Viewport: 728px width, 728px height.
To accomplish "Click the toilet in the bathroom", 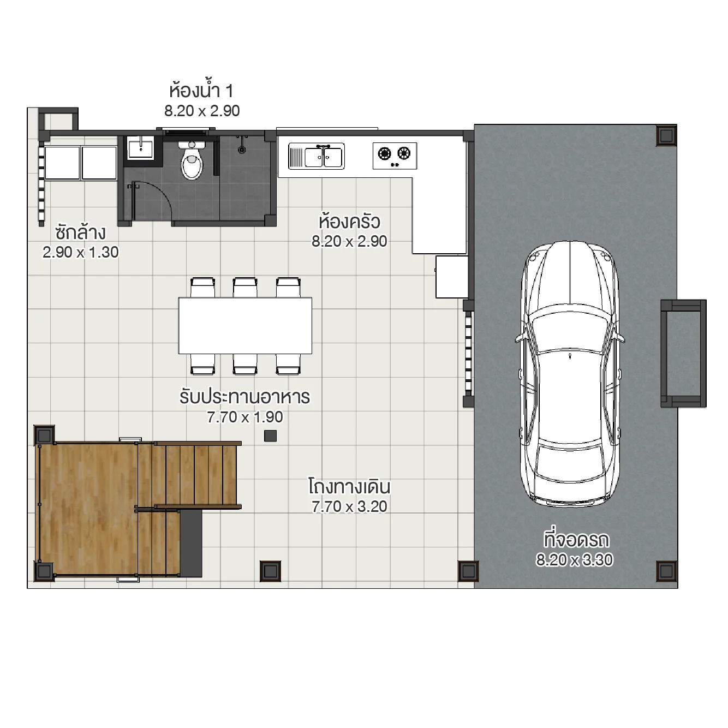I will (192, 161).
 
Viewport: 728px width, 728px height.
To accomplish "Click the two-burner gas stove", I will (395, 155).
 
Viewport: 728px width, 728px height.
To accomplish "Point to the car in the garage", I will (570, 371).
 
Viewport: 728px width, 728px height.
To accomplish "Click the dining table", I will (245, 325).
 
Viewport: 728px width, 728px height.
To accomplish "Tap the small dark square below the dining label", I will (270, 435).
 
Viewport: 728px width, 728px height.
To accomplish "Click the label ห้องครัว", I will (349, 222).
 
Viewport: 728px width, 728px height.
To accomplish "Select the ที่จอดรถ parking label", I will (576, 539).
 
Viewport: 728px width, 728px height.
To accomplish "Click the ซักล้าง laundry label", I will (80, 232).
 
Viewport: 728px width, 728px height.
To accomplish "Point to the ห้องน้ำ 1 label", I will (201, 90).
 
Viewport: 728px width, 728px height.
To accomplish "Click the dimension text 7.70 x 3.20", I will (349, 506).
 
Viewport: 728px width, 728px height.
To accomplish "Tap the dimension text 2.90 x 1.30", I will (80, 252).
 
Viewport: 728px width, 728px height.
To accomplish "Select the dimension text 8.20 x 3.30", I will (574, 559).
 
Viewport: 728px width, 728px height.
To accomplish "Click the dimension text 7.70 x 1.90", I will (245, 417).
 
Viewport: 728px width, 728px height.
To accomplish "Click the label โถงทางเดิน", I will (349, 486).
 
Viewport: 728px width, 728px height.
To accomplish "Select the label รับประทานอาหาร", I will (244, 397).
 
